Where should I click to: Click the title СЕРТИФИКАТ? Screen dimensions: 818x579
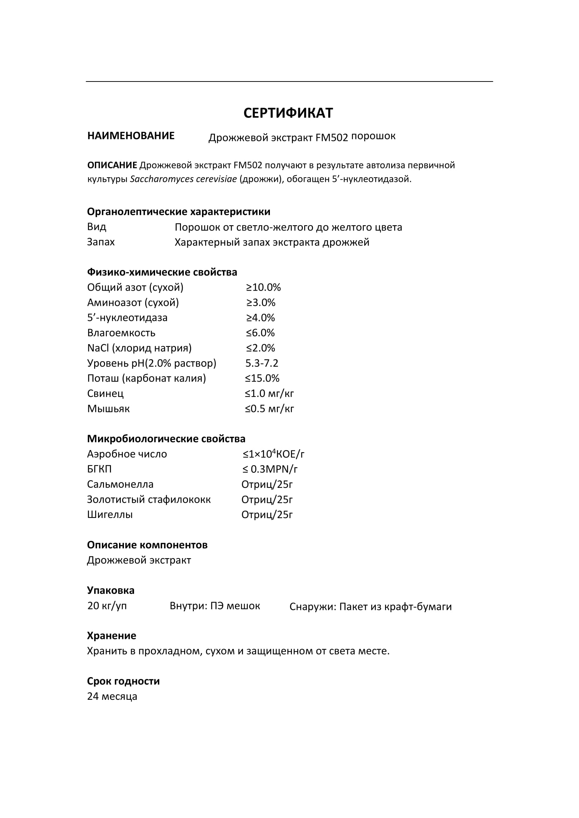pos(288,113)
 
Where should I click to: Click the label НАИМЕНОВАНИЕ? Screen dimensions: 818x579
pos(131,136)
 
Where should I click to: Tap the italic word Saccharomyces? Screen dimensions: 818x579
pos(159,179)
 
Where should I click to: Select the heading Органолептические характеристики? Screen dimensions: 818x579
pos(179,212)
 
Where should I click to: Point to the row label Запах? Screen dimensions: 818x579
pos(101,242)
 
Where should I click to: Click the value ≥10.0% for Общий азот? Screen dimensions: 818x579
pos(263,287)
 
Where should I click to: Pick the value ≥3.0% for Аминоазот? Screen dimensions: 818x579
pos(261,303)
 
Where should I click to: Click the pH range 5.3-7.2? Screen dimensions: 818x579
pos(262,363)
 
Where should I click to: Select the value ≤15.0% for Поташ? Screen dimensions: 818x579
pos(262,378)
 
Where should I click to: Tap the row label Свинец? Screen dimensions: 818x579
pos(105,393)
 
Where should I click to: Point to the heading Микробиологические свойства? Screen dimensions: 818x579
pos(166,439)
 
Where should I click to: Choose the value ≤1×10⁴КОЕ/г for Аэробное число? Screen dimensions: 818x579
pos(273,454)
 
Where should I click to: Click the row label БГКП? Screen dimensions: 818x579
pos(99,469)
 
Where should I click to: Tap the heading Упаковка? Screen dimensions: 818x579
pos(111,590)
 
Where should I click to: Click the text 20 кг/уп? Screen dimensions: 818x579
pos(107,606)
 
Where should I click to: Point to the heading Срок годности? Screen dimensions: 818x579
pos(123,681)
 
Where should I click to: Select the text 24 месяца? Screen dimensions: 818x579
pos(112,697)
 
